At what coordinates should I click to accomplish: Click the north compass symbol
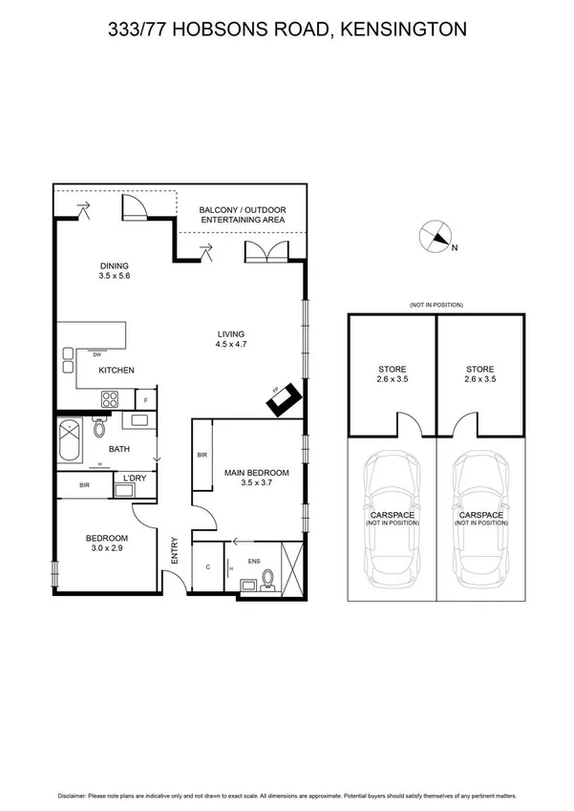tap(436, 237)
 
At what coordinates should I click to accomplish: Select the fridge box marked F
tap(145, 399)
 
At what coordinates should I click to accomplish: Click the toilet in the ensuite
tap(268, 579)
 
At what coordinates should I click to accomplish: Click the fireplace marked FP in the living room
tap(284, 400)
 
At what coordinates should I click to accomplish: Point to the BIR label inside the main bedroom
tap(202, 456)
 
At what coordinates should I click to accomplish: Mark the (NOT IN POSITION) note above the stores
tap(436, 304)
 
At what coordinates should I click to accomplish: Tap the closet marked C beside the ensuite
tap(208, 566)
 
